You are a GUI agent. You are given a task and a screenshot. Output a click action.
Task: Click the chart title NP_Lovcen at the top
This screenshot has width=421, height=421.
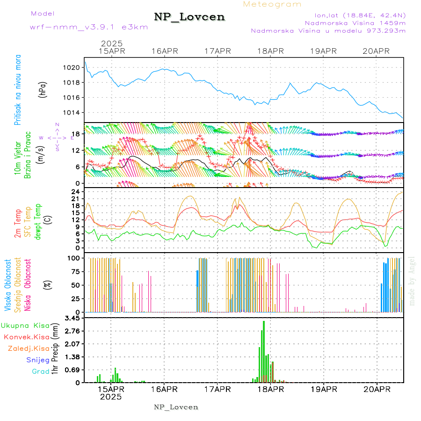tap(189, 17)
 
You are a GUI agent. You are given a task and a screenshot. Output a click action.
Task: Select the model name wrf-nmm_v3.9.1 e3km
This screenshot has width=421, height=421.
tap(89, 27)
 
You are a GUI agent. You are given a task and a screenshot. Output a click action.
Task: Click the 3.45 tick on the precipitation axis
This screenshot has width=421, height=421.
tap(73, 318)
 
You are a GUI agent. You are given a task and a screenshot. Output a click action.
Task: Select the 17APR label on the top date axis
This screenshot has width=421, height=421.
tap(218, 51)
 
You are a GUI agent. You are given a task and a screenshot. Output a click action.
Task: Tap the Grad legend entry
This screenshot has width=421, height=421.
tap(41, 371)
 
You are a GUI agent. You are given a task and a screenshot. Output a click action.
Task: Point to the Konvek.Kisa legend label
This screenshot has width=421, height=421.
tap(27, 337)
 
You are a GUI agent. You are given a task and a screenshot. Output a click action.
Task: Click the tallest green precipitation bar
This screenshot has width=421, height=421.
tap(264, 351)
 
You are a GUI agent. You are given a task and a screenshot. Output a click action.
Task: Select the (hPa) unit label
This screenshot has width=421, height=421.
tap(44, 90)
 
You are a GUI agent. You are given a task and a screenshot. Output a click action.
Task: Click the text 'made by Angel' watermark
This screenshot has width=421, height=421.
tap(412, 281)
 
